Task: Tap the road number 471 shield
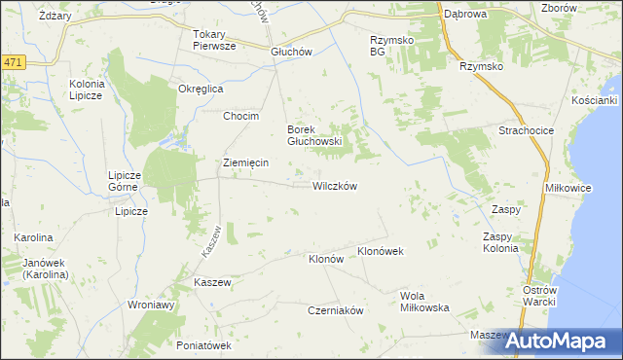coord(12,62)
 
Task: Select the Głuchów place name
coord(290,54)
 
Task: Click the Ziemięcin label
coord(245,162)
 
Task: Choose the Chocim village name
coord(240,117)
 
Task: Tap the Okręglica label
coord(202,89)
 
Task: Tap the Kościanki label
coord(596,101)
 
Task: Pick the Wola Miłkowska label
coord(424,302)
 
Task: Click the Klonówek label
coord(381,251)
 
